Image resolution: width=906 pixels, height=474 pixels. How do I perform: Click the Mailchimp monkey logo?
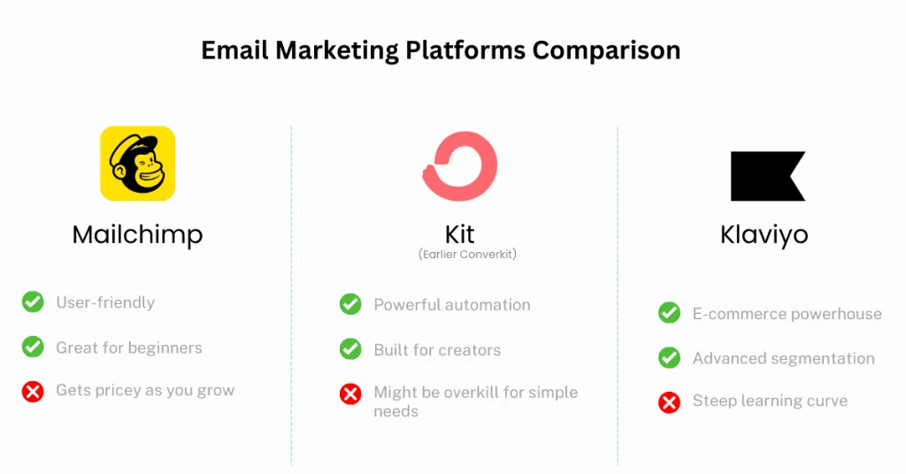[x=137, y=164]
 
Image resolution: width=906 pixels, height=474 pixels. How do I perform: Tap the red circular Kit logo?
[x=459, y=165]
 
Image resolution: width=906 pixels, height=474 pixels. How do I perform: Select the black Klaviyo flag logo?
[x=767, y=176]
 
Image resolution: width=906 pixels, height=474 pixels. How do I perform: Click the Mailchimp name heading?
[x=137, y=234]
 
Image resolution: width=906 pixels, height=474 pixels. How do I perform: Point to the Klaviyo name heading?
[x=764, y=235]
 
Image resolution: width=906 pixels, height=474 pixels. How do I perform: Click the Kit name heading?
[x=459, y=234]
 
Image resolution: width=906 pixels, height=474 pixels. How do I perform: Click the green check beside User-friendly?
[x=33, y=302]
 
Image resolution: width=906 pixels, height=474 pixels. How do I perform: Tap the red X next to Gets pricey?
[x=33, y=391]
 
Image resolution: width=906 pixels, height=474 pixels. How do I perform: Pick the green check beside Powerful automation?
[x=350, y=304]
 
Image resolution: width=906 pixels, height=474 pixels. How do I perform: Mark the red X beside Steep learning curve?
[x=669, y=402]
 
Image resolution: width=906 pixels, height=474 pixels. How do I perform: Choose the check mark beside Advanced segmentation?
[x=669, y=358]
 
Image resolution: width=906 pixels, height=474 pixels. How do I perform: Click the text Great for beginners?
[x=129, y=348]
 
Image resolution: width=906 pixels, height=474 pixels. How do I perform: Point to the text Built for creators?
[x=437, y=350]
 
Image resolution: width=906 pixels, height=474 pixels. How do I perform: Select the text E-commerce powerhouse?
[x=787, y=314]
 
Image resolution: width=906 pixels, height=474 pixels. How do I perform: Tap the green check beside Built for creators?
[x=350, y=349]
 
